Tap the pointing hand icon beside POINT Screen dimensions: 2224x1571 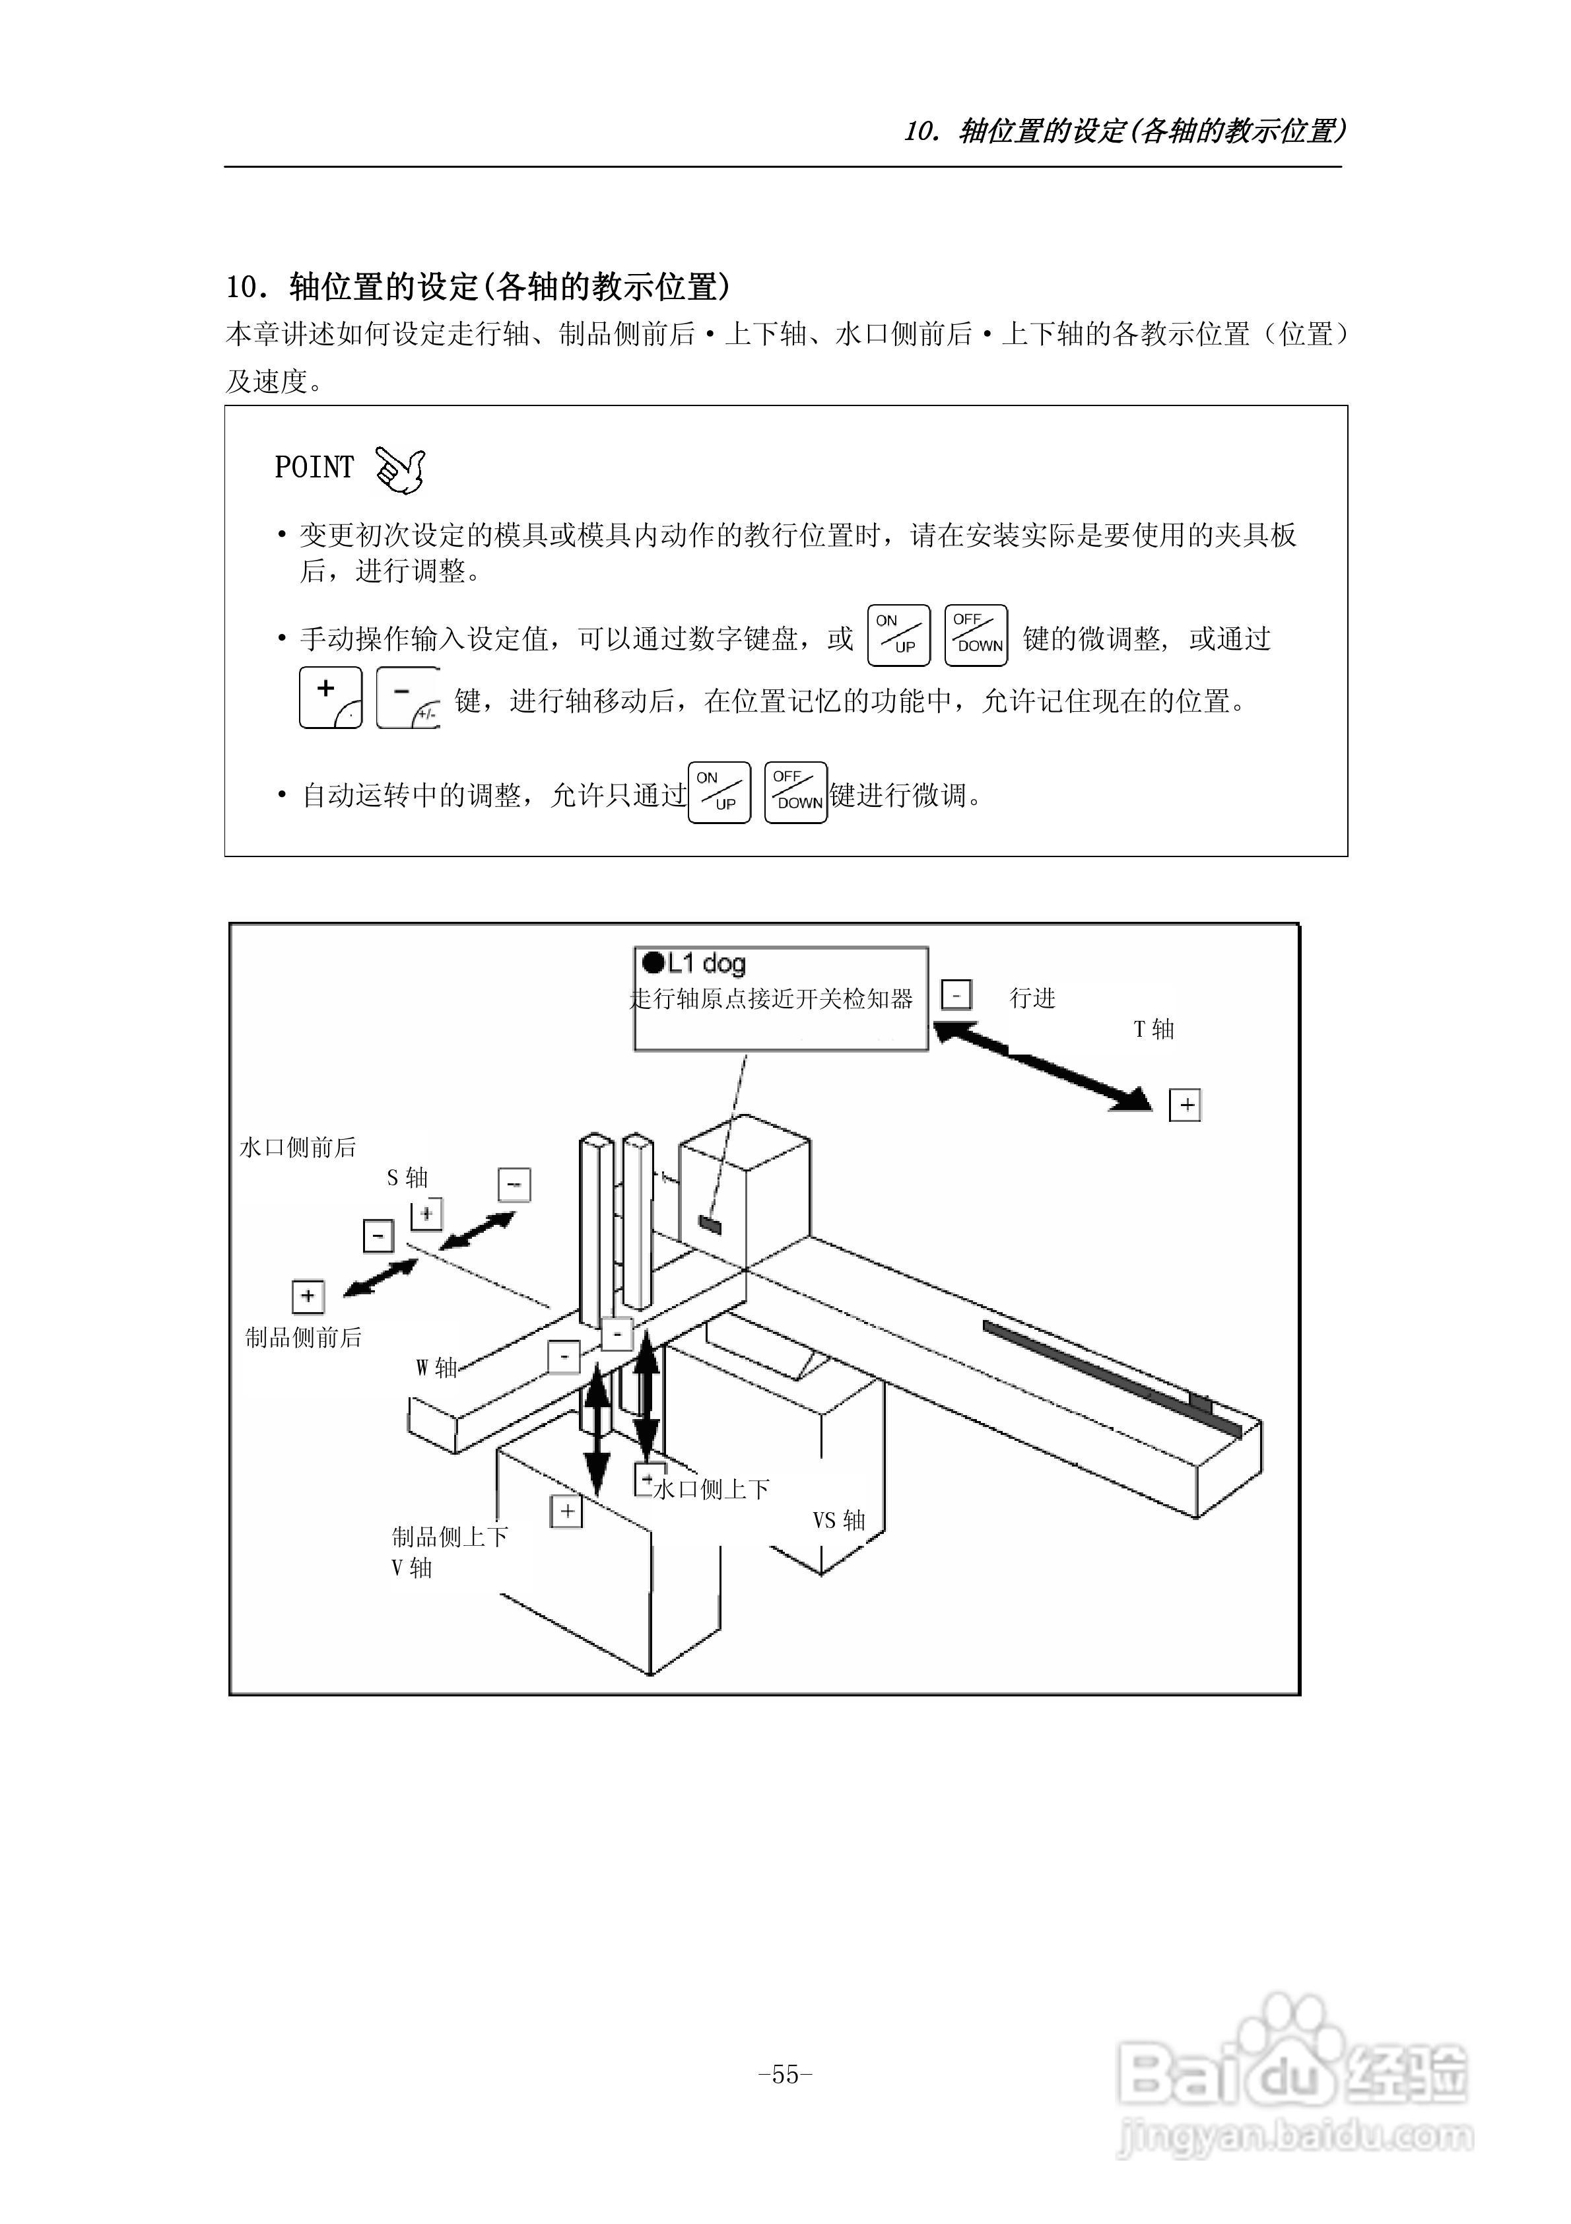pos(400,469)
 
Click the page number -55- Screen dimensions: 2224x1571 pos(785,2074)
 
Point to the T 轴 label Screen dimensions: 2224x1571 pos(1154,1029)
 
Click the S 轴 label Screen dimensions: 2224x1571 pos(407,1178)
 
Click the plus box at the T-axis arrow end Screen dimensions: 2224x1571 pos(1186,1105)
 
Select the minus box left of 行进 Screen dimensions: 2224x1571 pos(956,995)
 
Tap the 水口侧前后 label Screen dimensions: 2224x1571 pos(298,1148)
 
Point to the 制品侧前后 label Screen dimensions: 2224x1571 pos(303,1338)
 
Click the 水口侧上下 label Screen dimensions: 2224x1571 pos(712,1489)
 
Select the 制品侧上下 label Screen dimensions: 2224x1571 pos(450,1537)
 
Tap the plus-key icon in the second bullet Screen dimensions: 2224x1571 pos(330,697)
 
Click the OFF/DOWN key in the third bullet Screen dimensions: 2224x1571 pos(795,792)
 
